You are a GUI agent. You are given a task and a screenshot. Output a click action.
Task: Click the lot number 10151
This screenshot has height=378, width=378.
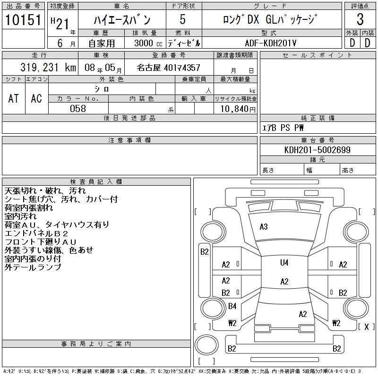pyautogui.click(x=24, y=20)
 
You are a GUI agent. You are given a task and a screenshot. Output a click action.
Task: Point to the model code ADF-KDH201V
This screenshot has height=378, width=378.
pyautogui.click(x=271, y=42)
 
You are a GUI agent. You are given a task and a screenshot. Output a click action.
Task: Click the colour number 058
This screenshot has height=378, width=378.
pyautogui.click(x=77, y=109)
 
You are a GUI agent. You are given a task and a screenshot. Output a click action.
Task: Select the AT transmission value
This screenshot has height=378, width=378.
pyautogui.click(x=13, y=98)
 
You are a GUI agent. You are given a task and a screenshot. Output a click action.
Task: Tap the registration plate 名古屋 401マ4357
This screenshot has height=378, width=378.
pyautogui.click(x=168, y=68)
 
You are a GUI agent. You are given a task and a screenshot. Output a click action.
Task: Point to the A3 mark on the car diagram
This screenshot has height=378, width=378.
pyautogui.click(x=264, y=227)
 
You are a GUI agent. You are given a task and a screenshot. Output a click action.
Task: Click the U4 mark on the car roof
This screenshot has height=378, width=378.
pyautogui.click(x=284, y=263)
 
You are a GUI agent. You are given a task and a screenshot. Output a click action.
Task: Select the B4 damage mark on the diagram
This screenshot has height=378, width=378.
pyautogui.click(x=232, y=306)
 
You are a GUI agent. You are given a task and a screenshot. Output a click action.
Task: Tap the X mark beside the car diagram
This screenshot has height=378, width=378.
pyautogui.click(x=366, y=326)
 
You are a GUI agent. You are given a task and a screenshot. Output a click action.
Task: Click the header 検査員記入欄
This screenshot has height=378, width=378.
pyautogui.click(x=96, y=181)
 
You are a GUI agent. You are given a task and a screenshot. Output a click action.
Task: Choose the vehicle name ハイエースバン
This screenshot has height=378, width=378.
pyautogui.click(x=121, y=20)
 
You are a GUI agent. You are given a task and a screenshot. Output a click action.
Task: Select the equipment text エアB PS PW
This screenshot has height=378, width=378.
pyautogui.click(x=283, y=128)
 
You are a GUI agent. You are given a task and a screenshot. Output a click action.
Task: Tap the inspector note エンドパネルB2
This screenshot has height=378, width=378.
pyautogui.click(x=37, y=233)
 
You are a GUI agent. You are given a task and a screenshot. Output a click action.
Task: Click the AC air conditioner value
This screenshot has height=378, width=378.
pyautogui.click(x=36, y=98)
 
